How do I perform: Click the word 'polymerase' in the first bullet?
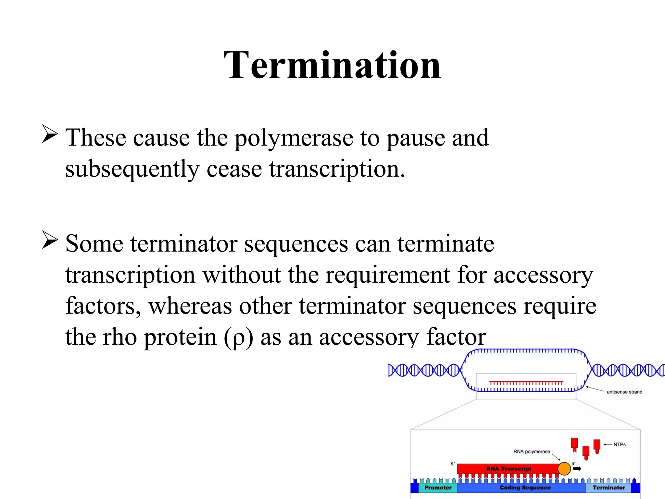tap(294, 138)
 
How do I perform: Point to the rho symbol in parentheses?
tap(238, 338)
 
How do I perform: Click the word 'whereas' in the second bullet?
tap(190, 306)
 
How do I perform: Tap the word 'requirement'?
tap(388, 275)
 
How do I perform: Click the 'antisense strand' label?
tap(624, 392)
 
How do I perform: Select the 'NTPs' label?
tap(619, 444)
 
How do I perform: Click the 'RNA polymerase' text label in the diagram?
tap(532, 452)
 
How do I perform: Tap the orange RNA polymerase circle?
tap(564, 468)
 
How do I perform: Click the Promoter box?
tap(438, 488)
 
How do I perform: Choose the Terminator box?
tap(609, 488)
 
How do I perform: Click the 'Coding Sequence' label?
tap(525, 488)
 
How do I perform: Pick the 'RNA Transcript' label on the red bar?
tap(509, 468)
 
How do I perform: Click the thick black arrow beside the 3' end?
tap(577, 468)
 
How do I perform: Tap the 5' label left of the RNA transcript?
tap(453, 464)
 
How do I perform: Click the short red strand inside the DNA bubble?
tap(526, 383)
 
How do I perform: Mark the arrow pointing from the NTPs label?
tap(608, 444)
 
